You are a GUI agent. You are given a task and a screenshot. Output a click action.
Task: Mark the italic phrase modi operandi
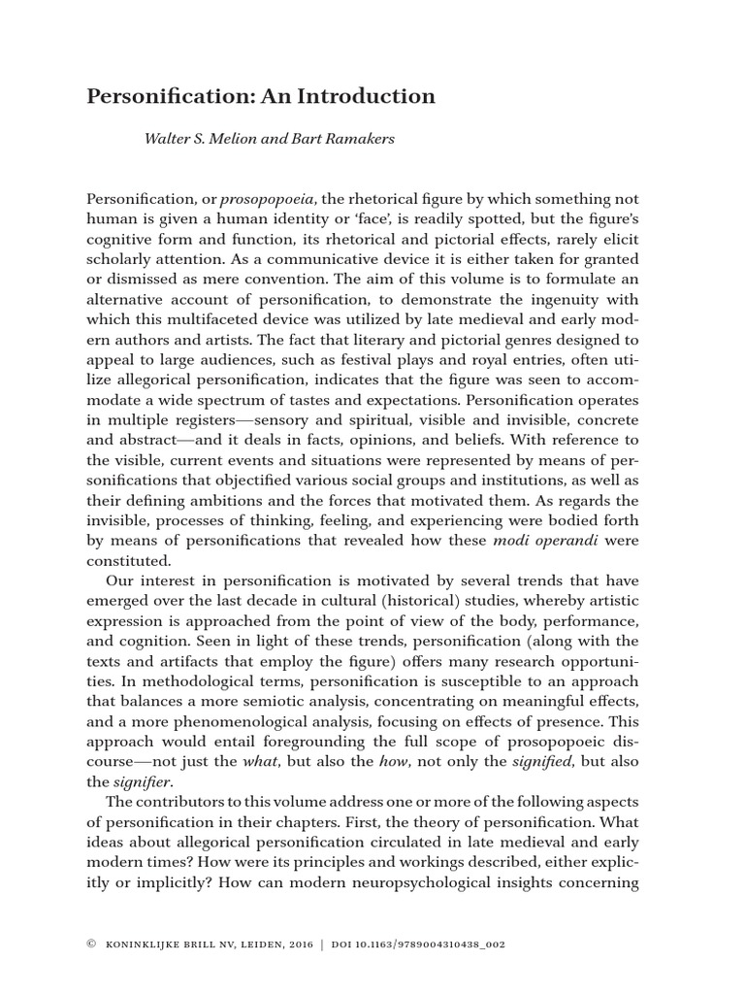pyautogui.click(x=549, y=540)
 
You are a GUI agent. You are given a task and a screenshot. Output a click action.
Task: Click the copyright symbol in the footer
pyautogui.click(x=91, y=943)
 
